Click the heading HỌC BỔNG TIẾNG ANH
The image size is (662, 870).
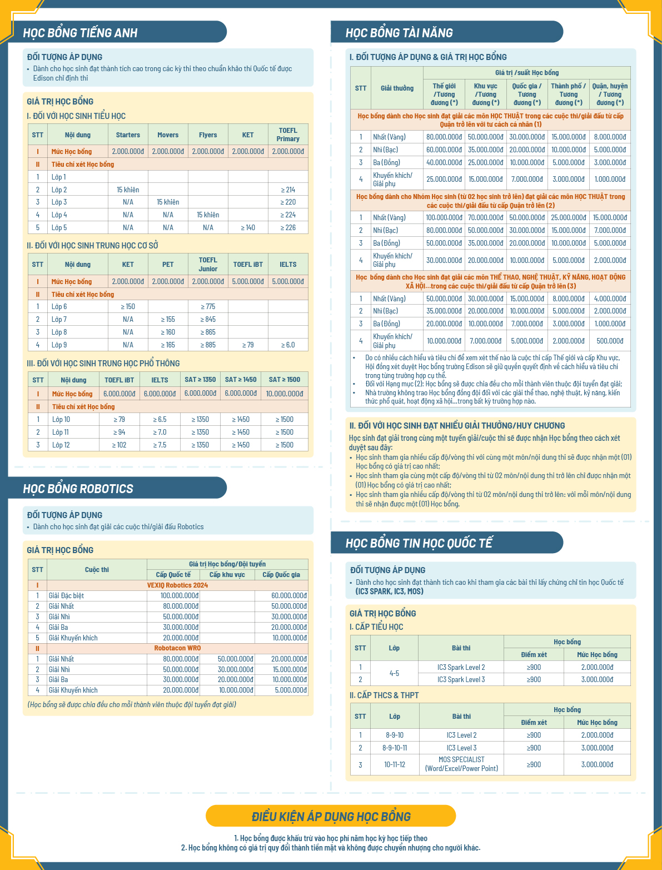coord(80,33)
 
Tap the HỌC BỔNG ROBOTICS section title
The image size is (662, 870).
coord(78,489)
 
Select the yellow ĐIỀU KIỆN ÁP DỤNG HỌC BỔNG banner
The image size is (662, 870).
coord(331,816)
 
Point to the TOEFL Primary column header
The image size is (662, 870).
coord(288,135)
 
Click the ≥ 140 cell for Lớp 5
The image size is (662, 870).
coord(248,227)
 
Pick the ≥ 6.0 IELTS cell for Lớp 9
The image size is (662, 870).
coord(288,345)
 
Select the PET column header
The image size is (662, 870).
coord(168,265)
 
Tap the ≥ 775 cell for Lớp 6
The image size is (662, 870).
coord(208,306)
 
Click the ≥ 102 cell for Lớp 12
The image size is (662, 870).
coord(119,445)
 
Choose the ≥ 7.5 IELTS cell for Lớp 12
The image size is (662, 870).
coord(160,445)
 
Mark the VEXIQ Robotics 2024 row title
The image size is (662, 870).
coord(177,585)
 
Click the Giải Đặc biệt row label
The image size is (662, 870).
coord(66,595)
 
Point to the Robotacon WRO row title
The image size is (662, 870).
coord(177,648)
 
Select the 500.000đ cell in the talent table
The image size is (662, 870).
coord(610,341)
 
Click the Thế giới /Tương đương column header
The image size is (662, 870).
coord(444,94)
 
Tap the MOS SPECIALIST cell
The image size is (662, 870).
coord(461,764)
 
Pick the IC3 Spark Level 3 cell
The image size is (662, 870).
coord(461,679)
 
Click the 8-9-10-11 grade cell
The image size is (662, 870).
coord(395,748)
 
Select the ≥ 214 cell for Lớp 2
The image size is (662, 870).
coord(288,190)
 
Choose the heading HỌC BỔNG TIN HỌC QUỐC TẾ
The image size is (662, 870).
coord(419,543)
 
